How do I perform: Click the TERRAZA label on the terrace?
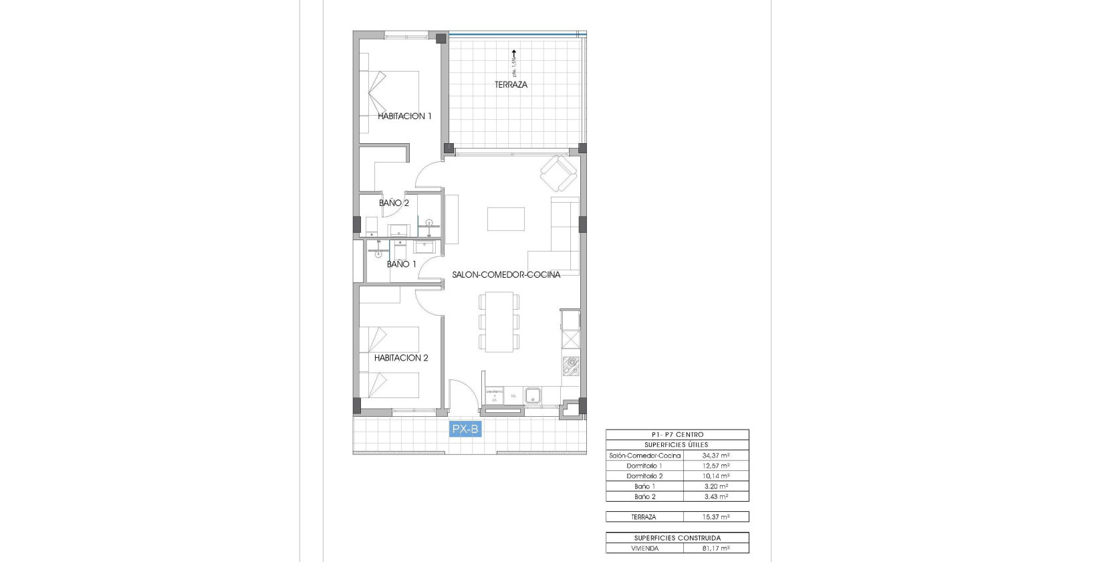tap(511, 85)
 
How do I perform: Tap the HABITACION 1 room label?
tap(404, 116)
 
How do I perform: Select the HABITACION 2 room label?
tap(401, 358)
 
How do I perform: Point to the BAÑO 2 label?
tap(394, 203)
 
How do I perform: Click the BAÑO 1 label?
tap(401, 264)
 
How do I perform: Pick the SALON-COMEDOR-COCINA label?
tap(506, 275)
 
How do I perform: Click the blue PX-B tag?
tap(465, 430)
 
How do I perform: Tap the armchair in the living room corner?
tap(558, 173)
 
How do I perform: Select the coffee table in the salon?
tap(506, 219)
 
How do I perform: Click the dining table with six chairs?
tap(499, 322)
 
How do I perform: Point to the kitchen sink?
tap(533, 395)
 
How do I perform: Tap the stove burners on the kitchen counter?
tap(571, 365)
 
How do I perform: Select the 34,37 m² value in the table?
tap(715, 456)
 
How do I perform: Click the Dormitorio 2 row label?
tap(644, 476)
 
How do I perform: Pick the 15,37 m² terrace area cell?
tap(715, 517)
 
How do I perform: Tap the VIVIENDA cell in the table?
tap(644, 549)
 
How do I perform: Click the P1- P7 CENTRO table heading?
tap(677, 435)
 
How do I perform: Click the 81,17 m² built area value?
tap(715, 549)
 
